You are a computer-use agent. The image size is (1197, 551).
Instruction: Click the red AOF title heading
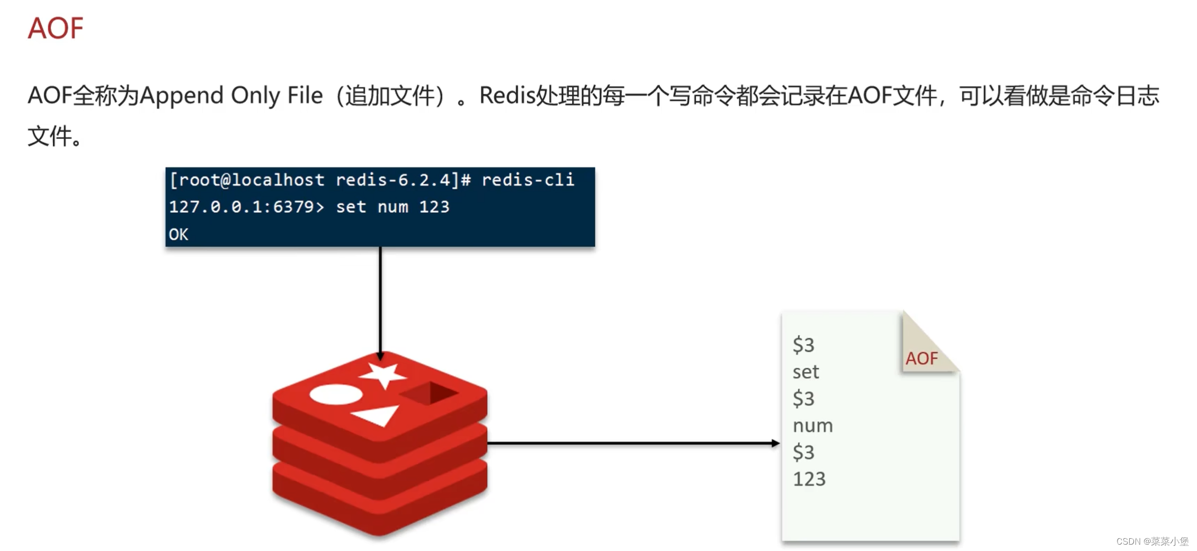tap(56, 28)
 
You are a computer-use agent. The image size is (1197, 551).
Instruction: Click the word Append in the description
tap(182, 96)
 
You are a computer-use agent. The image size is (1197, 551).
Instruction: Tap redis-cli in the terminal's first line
tap(528, 180)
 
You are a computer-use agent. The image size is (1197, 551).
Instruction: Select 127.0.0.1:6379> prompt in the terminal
tap(246, 207)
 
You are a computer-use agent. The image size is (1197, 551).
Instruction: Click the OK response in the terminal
tap(178, 234)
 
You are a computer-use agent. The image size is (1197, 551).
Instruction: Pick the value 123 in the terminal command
tap(434, 207)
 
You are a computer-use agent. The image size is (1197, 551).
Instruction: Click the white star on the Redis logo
tap(382, 375)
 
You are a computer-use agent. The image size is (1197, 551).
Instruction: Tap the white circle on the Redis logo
tap(336, 395)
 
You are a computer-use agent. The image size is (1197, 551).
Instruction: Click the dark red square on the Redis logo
tap(429, 393)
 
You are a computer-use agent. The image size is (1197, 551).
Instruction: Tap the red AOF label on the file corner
tap(922, 359)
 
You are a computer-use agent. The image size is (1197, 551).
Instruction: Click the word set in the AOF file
tap(806, 372)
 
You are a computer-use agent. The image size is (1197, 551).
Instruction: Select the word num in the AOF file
tap(812, 426)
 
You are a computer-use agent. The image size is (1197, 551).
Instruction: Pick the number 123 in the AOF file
tap(809, 480)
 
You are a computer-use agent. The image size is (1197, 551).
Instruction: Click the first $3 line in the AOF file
tap(803, 345)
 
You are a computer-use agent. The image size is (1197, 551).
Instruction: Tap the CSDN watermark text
tap(1152, 541)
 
